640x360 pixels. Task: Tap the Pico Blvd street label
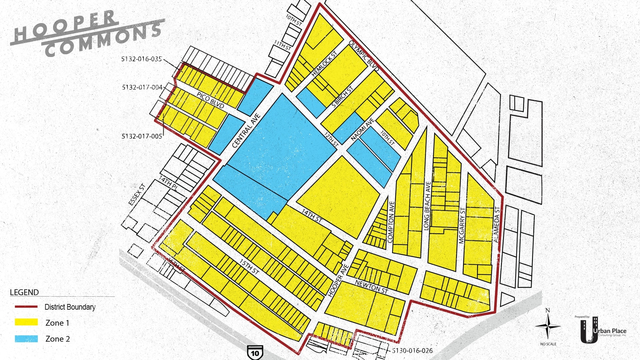pyautogui.click(x=210, y=100)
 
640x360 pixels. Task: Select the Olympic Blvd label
pyautogui.click(x=364, y=56)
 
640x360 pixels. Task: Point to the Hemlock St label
pyautogui.click(x=324, y=64)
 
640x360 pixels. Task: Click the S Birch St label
pyautogui.click(x=342, y=97)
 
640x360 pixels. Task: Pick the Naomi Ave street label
pyautogui.click(x=362, y=129)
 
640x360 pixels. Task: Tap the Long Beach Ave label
pyautogui.click(x=427, y=206)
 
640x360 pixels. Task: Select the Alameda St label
pyautogui.click(x=497, y=224)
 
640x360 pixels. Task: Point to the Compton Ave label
pyautogui.click(x=391, y=222)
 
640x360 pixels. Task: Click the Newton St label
pyautogui.click(x=371, y=287)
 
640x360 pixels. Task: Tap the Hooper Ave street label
pyautogui.click(x=338, y=281)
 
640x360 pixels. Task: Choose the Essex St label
pyautogui.click(x=137, y=194)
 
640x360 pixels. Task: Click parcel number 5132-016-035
pyautogui.click(x=141, y=59)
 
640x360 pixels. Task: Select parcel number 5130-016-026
pyautogui.click(x=412, y=351)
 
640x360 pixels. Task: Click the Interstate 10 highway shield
pyautogui.click(x=255, y=353)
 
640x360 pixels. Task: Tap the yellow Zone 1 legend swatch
pyautogui.click(x=26, y=322)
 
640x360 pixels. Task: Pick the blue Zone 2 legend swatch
pyautogui.click(x=26, y=339)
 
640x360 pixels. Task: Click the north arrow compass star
pyautogui.click(x=548, y=326)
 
